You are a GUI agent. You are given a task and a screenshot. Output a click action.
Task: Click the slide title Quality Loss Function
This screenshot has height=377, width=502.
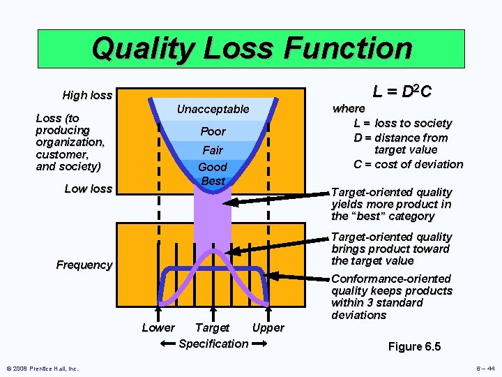tap(251, 49)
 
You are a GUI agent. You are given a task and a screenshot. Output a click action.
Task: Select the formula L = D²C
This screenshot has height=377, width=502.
tap(402, 91)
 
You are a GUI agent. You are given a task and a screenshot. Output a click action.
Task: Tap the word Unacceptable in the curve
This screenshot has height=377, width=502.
tap(213, 109)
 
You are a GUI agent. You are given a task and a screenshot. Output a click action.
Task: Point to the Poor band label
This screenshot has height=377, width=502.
tap(213, 131)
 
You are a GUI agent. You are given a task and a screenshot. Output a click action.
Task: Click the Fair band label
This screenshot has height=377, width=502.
tap(213, 150)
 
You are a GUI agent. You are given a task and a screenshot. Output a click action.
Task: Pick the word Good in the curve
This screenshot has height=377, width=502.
tap(213, 168)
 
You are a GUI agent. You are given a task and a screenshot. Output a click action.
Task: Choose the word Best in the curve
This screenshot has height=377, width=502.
tap(213, 181)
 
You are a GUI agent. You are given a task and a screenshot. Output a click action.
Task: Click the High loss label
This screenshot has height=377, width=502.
tap(87, 95)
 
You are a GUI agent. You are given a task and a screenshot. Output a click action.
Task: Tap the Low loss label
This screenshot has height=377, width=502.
tap(88, 188)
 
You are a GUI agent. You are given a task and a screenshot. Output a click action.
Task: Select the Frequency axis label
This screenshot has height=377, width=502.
tap(84, 265)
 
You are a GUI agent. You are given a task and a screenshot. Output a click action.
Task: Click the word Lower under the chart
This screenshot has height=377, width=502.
tap(158, 327)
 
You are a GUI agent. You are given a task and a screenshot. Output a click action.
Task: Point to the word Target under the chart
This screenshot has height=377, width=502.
tap(212, 327)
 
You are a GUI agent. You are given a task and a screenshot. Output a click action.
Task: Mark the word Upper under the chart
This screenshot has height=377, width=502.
tap(268, 327)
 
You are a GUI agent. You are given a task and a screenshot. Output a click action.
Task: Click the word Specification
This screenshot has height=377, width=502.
tap(213, 343)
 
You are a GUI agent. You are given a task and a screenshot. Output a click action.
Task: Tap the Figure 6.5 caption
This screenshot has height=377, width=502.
tap(414, 347)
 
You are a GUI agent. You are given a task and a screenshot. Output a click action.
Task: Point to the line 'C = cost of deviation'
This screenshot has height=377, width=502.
tap(408, 165)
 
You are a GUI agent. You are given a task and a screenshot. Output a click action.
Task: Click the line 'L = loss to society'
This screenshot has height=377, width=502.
tap(403, 124)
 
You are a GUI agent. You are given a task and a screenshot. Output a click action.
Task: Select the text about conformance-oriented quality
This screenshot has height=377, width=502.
tap(392, 297)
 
